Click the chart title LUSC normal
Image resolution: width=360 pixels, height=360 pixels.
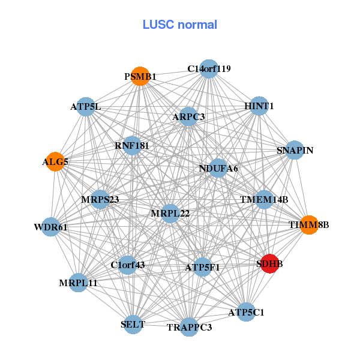(x=180, y=25)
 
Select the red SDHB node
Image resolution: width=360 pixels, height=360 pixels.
(x=271, y=263)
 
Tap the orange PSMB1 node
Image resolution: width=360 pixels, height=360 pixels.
(x=140, y=77)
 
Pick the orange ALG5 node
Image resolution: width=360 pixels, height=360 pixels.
(x=55, y=162)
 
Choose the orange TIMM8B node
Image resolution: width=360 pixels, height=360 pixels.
(x=308, y=225)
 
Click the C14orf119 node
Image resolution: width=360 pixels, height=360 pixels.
(x=208, y=69)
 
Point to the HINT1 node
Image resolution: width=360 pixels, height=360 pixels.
(x=259, y=106)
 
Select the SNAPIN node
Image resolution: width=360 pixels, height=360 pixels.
(x=295, y=150)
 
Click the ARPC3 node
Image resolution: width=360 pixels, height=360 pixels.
(x=188, y=116)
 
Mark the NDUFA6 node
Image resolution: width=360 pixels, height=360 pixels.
(x=218, y=169)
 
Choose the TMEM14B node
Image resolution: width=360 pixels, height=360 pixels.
(x=264, y=199)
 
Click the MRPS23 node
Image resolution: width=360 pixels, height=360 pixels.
(x=100, y=199)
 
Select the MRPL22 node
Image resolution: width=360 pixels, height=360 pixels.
(x=170, y=214)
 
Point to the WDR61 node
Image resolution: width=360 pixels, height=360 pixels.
(x=50, y=227)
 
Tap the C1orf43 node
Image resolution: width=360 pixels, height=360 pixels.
(x=127, y=265)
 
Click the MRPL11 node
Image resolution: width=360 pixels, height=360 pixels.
(x=78, y=283)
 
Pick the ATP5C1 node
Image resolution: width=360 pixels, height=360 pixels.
(x=246, y=312)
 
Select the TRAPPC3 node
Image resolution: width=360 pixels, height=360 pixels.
(x=189, y=327)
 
